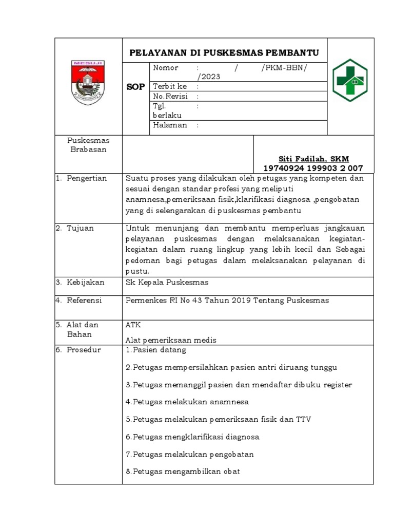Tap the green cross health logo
350,80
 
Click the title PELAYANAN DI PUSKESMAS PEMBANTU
224,53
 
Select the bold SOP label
136,87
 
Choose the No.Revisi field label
170,96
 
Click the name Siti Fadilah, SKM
313,159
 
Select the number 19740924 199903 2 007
313,168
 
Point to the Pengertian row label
87,178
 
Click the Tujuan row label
80,228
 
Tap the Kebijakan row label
85,282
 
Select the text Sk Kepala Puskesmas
167,282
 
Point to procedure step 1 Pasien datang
155,350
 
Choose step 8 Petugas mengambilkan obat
183,472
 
